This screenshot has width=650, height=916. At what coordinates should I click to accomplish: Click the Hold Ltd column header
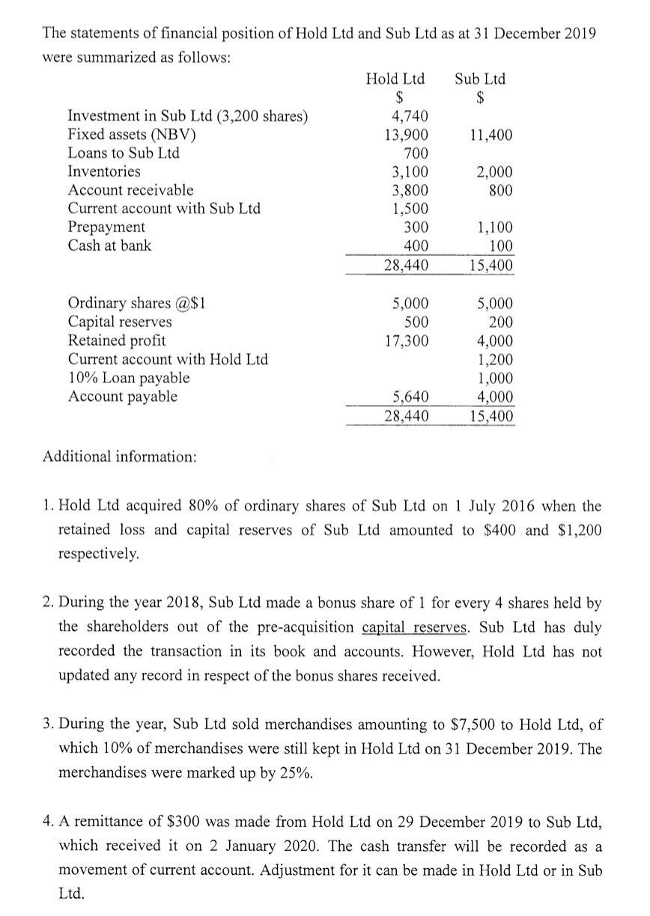tap(395, 79)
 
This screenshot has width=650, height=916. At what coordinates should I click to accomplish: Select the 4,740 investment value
tap(410, 116)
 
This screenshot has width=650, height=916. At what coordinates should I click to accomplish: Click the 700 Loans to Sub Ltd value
tap(416, 153)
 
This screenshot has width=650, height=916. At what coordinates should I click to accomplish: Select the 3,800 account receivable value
tap(410, 190)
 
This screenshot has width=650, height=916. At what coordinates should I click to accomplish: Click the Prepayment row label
tap(106, 227)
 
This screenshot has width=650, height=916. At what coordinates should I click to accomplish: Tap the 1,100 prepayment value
tap(494, 227)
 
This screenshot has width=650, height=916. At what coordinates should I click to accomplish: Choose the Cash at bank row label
tap(109, 245)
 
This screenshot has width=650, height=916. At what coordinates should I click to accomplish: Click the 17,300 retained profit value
tap(407, 341)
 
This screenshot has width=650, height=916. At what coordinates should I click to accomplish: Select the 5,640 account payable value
tap(411, 397)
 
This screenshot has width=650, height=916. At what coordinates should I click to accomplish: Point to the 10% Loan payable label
tap(128, 378)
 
